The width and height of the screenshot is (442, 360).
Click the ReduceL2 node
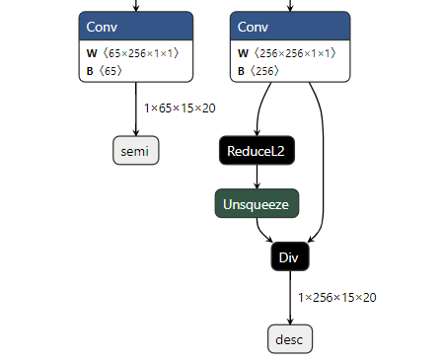(x=257, y=151)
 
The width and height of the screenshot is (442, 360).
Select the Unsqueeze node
(x=257, y=204)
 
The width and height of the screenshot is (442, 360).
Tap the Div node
(x=290, y=256)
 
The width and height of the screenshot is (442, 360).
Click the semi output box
(x=136, y=151)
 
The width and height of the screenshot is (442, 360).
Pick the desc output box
(x=290, y=339)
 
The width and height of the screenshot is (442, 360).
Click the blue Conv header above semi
(x=136, y=26)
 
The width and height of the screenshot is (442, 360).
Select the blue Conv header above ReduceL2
(x=290, y=26)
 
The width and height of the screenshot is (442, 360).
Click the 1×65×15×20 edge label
(x=180, y=108)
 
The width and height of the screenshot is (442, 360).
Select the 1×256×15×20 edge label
(x=337, y=297)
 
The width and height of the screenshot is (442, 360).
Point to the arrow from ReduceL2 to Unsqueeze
(x=257, y=178)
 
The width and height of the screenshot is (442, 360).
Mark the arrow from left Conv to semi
(x=136, y=113)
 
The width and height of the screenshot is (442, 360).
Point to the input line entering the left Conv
(x=136, y=6)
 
